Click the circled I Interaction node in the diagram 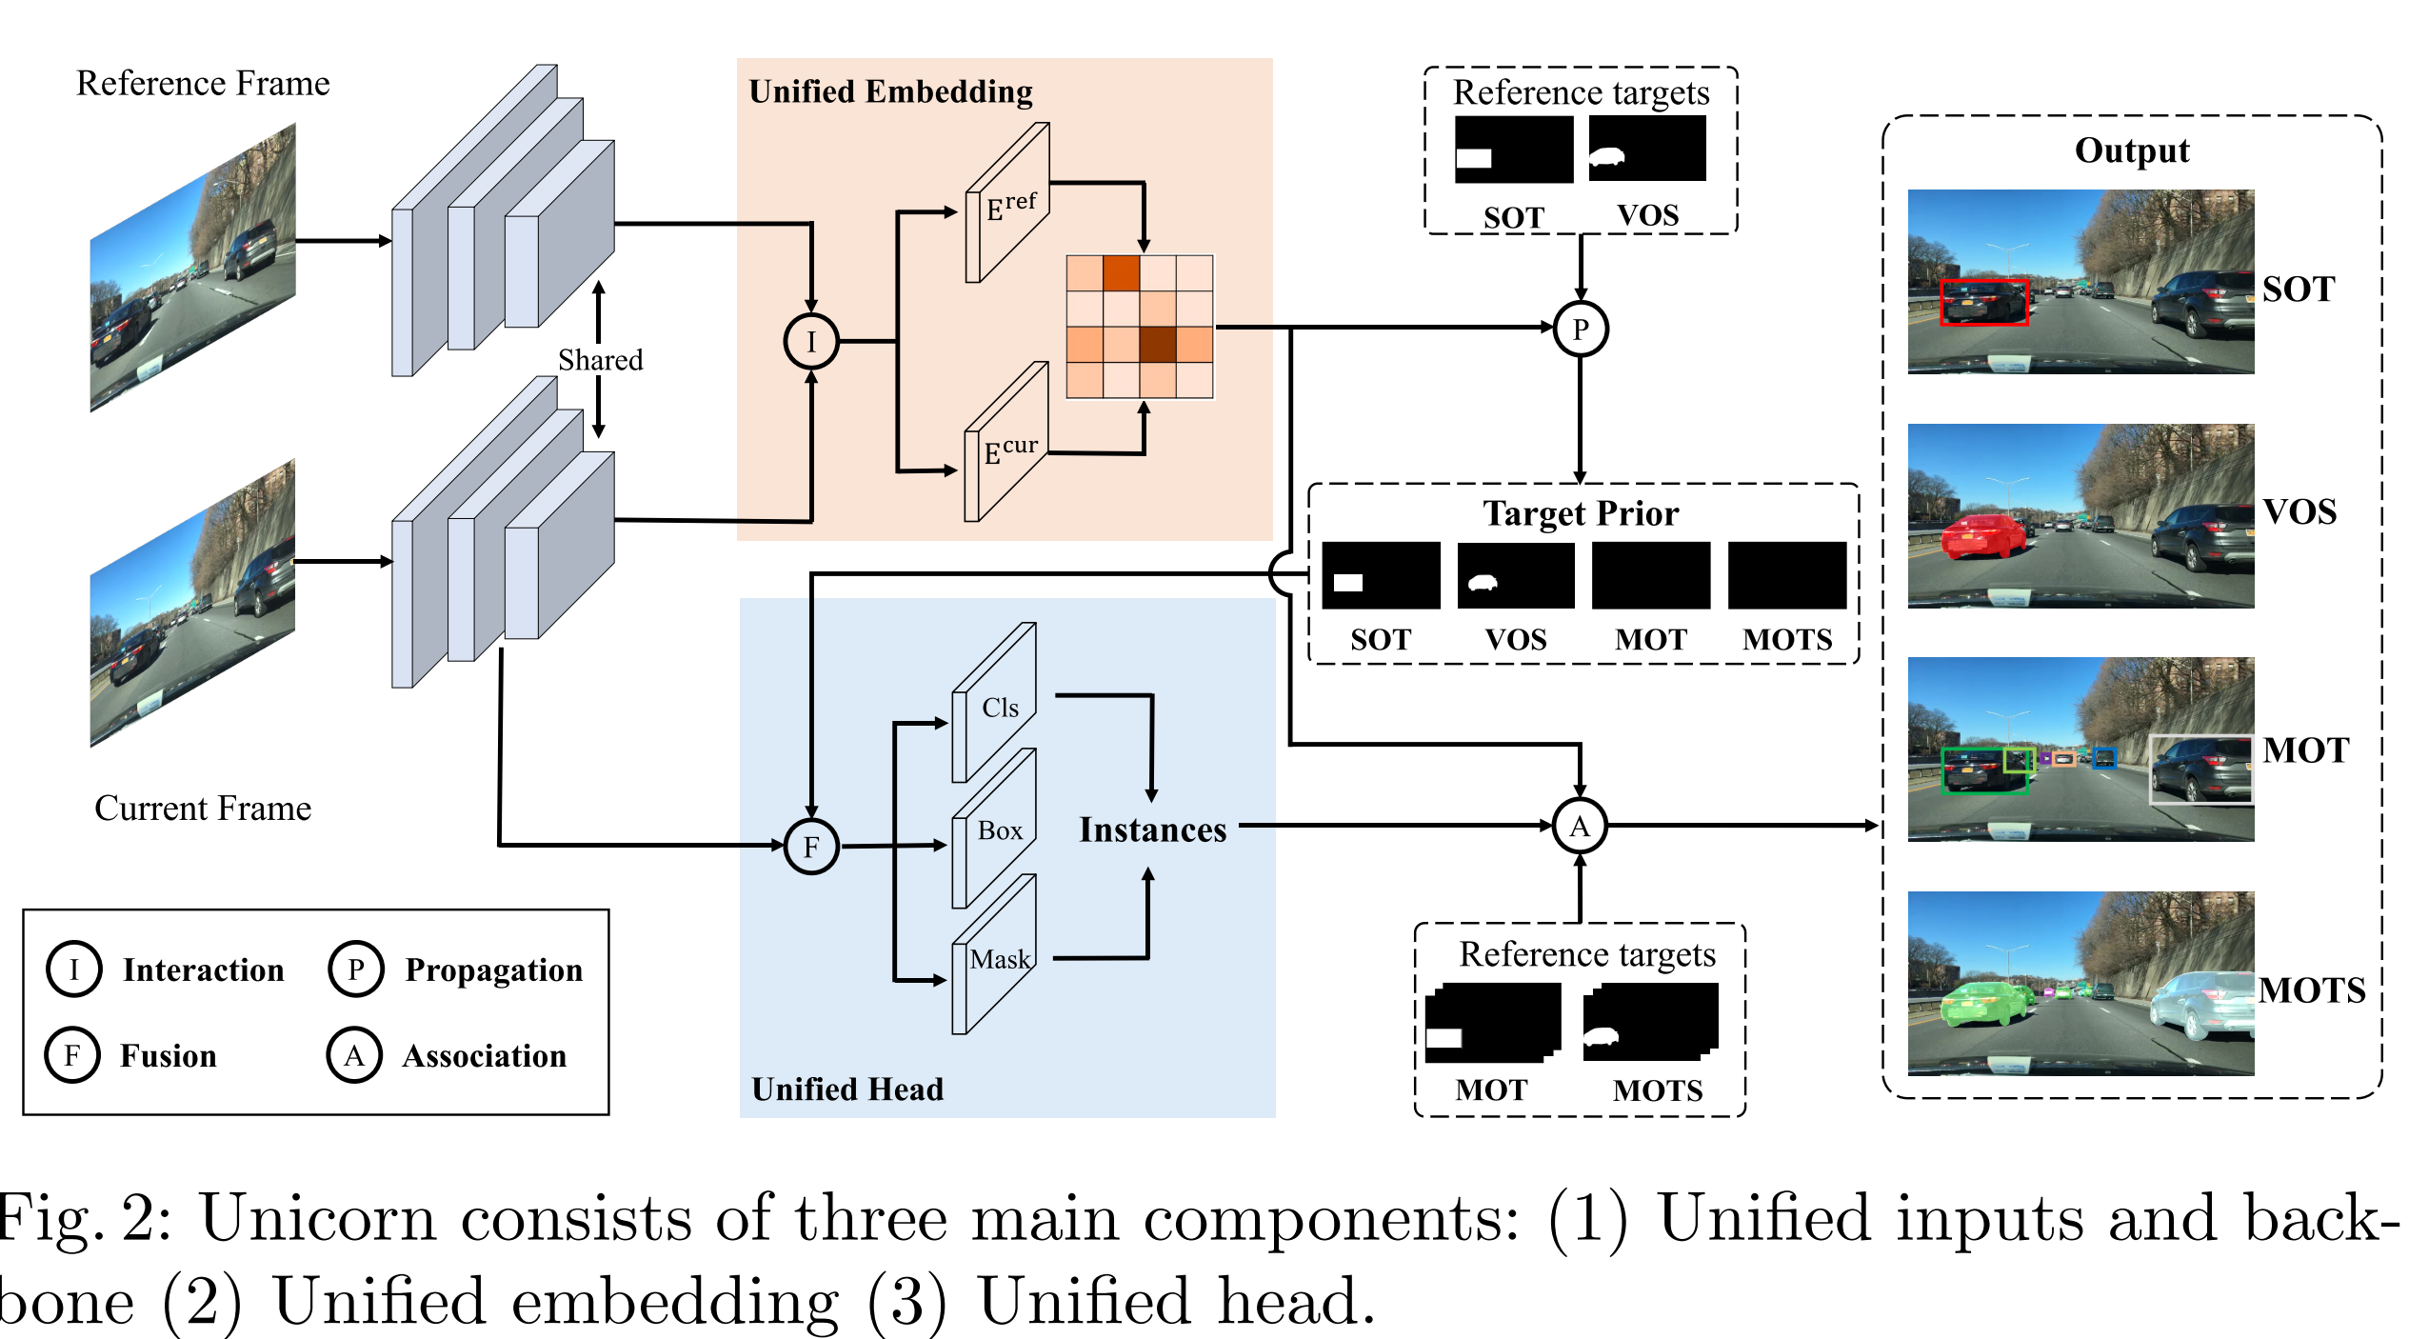810,341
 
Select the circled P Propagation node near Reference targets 1581,329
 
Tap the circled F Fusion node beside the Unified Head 811,846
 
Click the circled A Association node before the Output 1580,826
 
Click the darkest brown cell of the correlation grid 1157,344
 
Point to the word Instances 1152,829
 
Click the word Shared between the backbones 600,360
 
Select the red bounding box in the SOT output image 1983,303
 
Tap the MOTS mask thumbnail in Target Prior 1786,575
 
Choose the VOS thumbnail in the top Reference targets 1647,150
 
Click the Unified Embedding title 890,91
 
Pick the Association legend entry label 484,1055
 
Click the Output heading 2132,150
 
